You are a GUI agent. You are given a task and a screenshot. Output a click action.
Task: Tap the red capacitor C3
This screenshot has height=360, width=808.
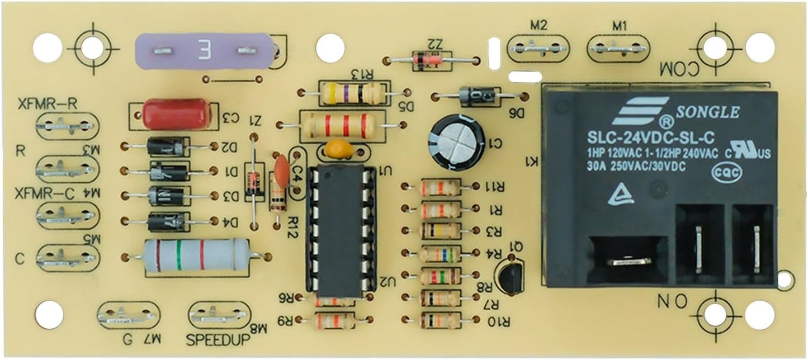pyautogui.click(x=171, y=114)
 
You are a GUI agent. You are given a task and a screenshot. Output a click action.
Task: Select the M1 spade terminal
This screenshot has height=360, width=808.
pyautogui.click(x=618, y=49)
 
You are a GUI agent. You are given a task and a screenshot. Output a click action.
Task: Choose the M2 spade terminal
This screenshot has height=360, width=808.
pyautogui.click(x=538, y=49)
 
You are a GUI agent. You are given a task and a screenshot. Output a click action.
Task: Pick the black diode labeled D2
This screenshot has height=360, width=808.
pyautogui.click(x=166, y=146)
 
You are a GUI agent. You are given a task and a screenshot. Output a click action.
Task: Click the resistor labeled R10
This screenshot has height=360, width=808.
pyautogui.click(x=440, y=320)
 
